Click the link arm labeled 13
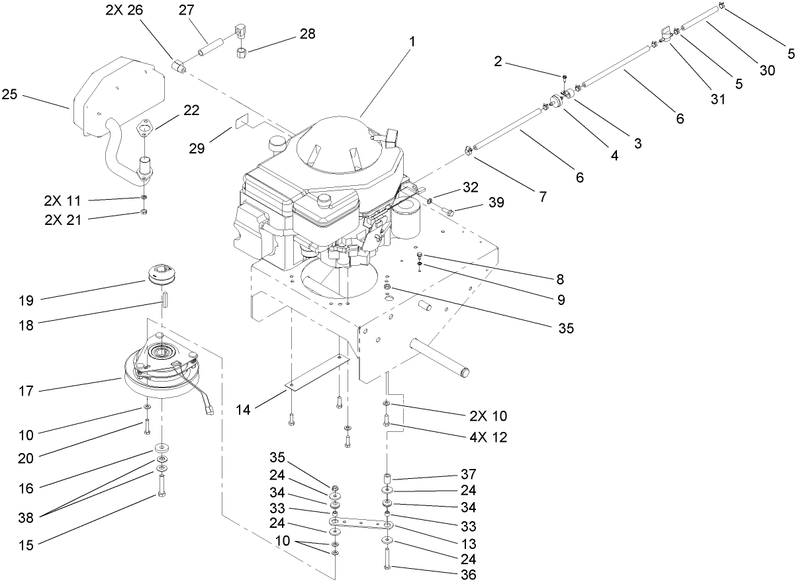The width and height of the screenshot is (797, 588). click(361, 525)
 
